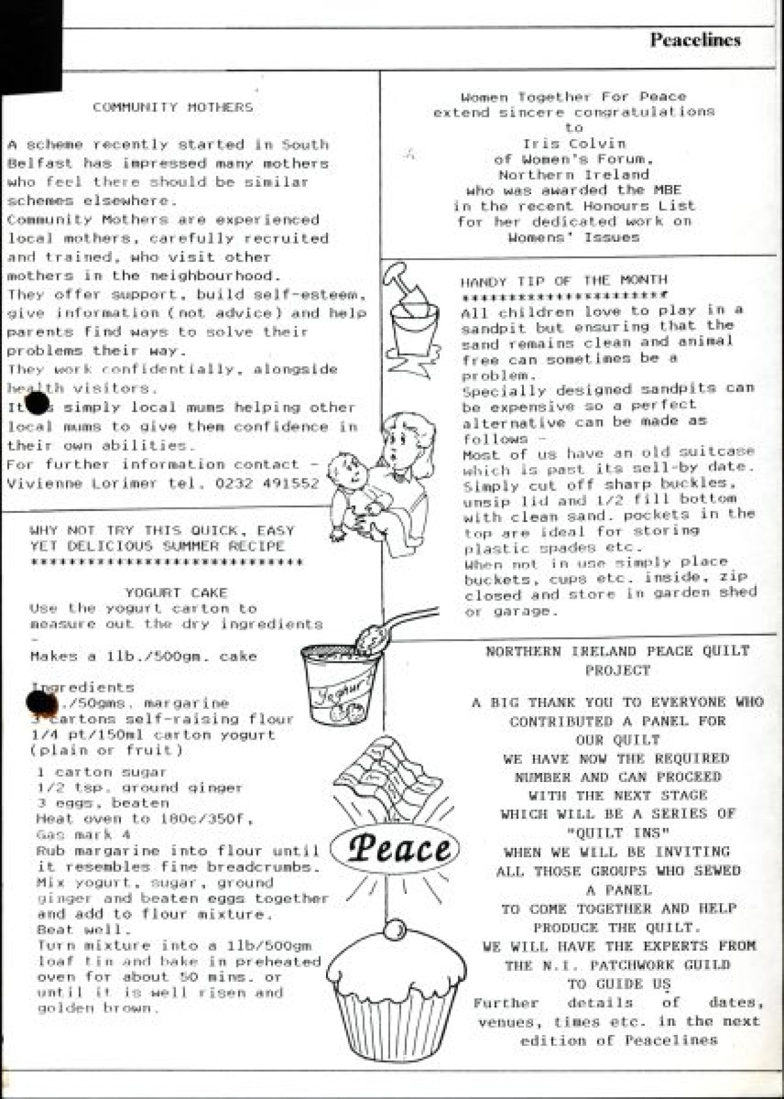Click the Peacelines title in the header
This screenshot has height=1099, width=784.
point(694,40)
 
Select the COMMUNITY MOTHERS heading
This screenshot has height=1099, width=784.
point(172,108)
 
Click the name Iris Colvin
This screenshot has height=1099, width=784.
point(574,144)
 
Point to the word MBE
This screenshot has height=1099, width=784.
point(666,191)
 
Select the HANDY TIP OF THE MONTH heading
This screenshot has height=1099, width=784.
point(564,281)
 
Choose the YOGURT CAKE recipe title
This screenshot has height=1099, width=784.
point(176,593)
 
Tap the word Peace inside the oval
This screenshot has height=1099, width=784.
point(399,848)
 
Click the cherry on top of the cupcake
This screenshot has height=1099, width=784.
point(395,929)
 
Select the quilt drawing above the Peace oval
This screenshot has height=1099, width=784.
point(385,771)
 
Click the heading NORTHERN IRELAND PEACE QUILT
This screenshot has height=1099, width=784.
point(617,651)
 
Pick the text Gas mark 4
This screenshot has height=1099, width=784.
point(74,835)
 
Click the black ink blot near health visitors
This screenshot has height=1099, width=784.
point(37,403)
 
